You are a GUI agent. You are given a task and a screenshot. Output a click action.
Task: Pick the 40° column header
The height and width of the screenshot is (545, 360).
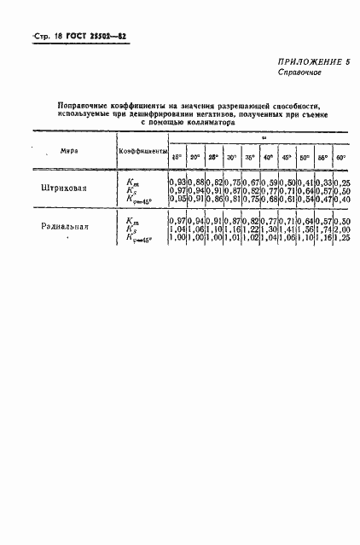pyautogui.click(x=267, y=158)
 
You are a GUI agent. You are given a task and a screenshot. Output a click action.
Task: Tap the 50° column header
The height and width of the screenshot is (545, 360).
pyautogui.click(x=305, y=158)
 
